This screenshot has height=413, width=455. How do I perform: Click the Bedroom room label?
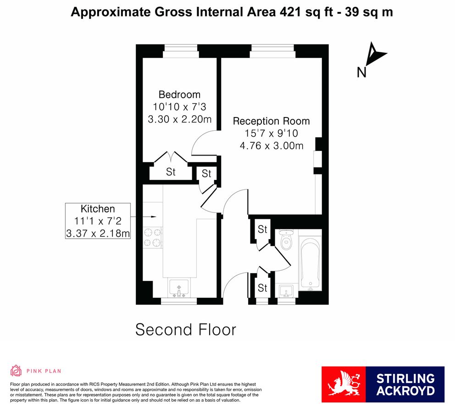[179, 95]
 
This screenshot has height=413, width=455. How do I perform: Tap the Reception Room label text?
[271, 121]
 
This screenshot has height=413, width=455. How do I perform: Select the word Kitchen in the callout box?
[98, 208]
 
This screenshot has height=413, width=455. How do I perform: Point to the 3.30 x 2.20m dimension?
[179, 119]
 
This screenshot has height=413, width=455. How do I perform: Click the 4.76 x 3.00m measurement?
[271, 146]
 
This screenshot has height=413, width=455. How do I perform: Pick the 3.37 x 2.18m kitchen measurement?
[98, 233]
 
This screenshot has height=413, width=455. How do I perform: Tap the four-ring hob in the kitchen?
[153, 238]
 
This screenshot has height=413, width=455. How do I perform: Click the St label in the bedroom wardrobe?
[171, 173]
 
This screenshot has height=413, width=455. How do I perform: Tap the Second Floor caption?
[186, 329]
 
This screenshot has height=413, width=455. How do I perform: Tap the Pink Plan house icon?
[16, 370]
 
